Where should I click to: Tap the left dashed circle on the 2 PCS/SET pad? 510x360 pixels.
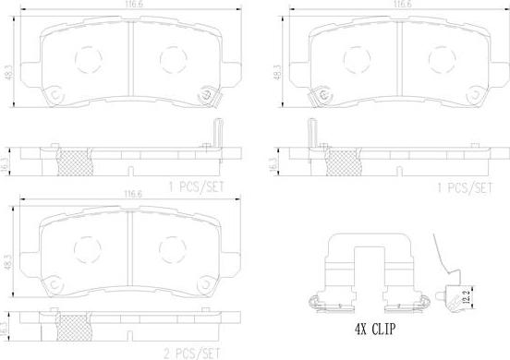pos(88,248)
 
